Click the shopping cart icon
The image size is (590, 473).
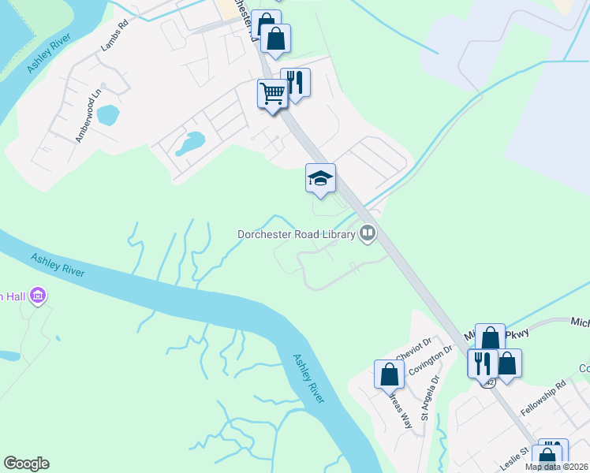point(272,93)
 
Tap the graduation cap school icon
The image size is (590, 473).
point(321,179)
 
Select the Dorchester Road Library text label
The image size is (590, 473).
point(297,234)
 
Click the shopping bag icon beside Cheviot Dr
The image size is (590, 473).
point(390,374)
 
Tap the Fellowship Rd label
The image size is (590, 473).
point(544,400)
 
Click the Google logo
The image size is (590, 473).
point(26,464)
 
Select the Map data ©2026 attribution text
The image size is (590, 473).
point(556,467)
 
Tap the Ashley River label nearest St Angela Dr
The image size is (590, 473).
point(309,378)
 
